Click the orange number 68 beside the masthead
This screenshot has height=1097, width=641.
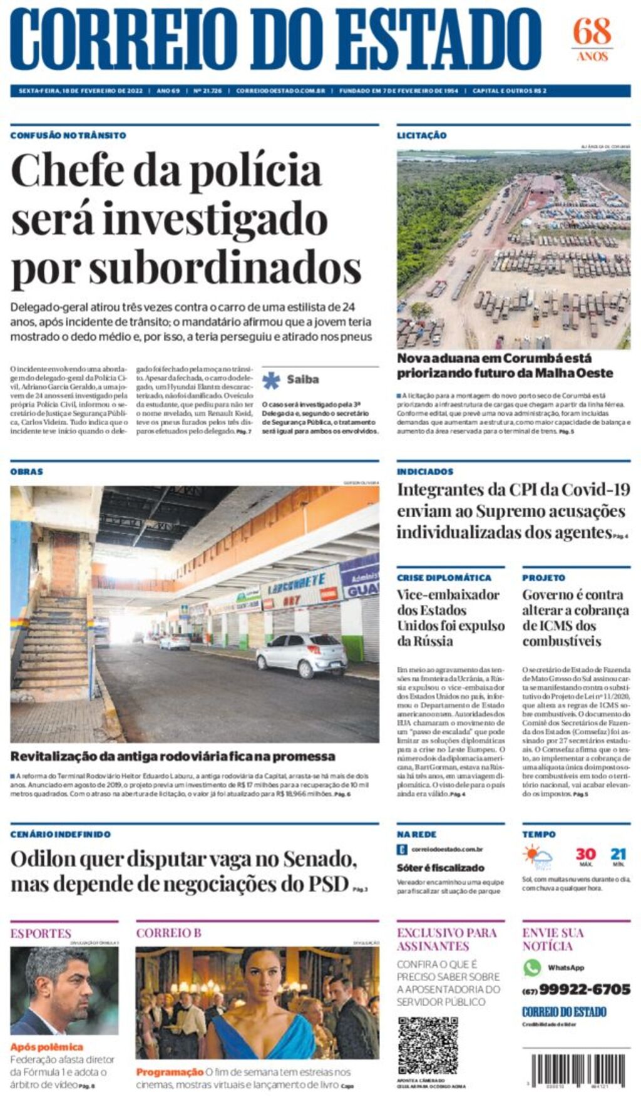(592, 31)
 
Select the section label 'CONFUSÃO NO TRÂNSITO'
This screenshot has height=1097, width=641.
(68, 135)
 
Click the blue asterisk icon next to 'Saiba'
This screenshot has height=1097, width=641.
(271, 380)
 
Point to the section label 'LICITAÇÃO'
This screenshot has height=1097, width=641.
(421, 135)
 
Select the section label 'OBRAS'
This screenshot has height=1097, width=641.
(26, 471)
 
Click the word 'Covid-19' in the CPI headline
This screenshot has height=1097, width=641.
(595, 490)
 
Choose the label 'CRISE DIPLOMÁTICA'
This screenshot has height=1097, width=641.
(444, 578)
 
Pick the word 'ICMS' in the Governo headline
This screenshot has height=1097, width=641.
(552, 626)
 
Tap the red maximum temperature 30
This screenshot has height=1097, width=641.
(585, 854)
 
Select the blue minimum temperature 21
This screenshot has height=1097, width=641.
(618, 854)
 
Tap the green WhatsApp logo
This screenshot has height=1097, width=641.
(531, 967)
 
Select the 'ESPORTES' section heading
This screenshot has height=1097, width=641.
(41, 934)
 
